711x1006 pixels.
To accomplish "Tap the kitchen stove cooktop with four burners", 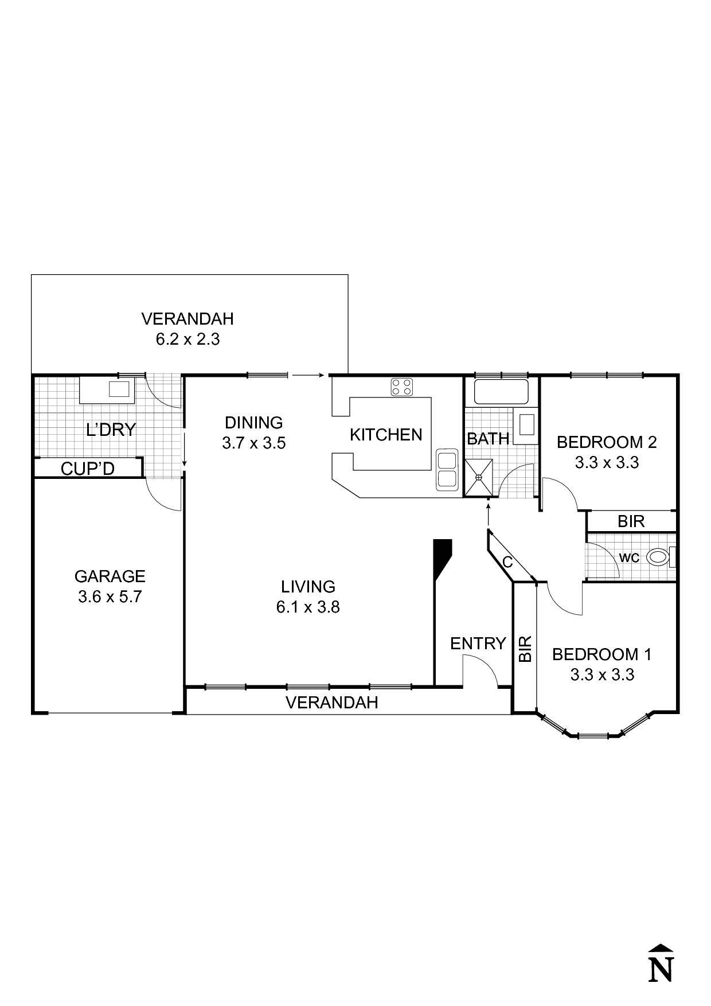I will (403, 387).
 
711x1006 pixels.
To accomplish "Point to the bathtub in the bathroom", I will (501, 392).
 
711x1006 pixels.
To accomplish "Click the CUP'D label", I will (88, 469).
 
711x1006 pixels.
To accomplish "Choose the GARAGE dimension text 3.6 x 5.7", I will (110, 597).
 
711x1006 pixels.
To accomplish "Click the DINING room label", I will (253, 423).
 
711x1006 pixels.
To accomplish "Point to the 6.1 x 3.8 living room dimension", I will (308, 607).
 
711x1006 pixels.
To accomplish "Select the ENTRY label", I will (478, 644).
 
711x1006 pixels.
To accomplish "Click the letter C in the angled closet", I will (507, 562).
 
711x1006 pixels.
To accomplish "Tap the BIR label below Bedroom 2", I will (631, 521).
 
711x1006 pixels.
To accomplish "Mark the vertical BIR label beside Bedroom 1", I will (525, 649).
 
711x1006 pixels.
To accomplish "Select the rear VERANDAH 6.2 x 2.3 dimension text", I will (187, 339).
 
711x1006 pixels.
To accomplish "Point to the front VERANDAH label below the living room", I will (331, 702).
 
